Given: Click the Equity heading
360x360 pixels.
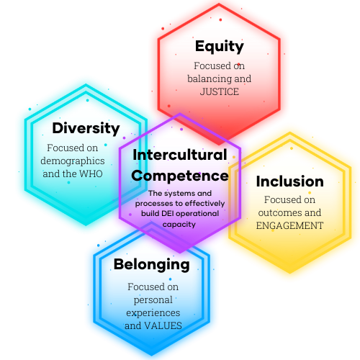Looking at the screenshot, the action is pyautogui.click(x=220, y=47).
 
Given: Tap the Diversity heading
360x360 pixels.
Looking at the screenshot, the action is pyautogui.click(x=86, y=128).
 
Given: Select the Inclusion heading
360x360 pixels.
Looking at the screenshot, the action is pyautogui.click(x=290, y=181).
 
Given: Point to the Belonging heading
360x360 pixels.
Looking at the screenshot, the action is pyautogui.click(x=152, y=265).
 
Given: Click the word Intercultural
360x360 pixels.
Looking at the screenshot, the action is pyautogui.click(x=180, y=155).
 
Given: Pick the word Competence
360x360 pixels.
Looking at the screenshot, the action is pyautogui.click(x=180, y=176).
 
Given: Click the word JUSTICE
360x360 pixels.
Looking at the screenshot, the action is pyautogui.click(x=220, y=91).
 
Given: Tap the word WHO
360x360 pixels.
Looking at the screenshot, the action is pyautogui.click(x=91, y=174).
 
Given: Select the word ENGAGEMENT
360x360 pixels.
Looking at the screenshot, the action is pyautogui.click(x=289, y=225).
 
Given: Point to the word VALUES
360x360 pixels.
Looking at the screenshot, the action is pyautogui.click(x=163, y=325).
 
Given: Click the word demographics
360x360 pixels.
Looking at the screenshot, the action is pyautogui.click(x=73, y=161).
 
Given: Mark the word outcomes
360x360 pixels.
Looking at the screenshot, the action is pyautogui.click(x=278, y=212).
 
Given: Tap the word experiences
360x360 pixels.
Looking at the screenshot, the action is pyautogui.click(x=153, y=313).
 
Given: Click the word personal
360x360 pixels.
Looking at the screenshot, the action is pyautogui.click(x=153, y=300).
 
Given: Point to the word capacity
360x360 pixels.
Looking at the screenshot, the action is pyautogui.click(x=179, y=225).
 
